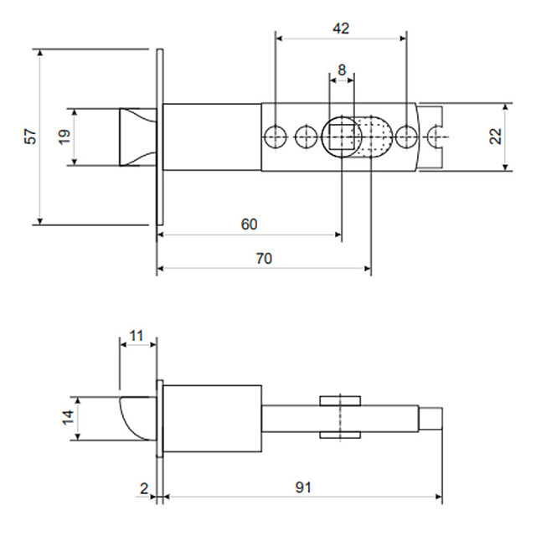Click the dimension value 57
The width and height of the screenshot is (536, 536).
31,137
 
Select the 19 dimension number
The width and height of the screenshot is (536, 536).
64,137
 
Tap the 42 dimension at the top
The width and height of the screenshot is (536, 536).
341,28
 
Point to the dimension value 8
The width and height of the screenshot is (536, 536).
342,71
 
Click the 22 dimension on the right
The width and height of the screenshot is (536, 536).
496,137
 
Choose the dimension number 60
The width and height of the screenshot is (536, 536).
249,224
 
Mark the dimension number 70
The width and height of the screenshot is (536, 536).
263,259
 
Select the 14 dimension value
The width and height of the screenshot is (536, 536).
67,418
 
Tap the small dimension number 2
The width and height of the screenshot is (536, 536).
143,488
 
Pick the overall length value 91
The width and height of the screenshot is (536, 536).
303,487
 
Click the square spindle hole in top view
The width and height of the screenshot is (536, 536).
342,136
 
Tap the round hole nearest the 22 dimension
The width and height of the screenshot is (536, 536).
407,136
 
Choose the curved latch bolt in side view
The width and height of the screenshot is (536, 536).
137,418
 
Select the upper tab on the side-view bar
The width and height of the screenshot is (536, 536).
340,399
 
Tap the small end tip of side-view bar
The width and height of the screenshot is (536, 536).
431,418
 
